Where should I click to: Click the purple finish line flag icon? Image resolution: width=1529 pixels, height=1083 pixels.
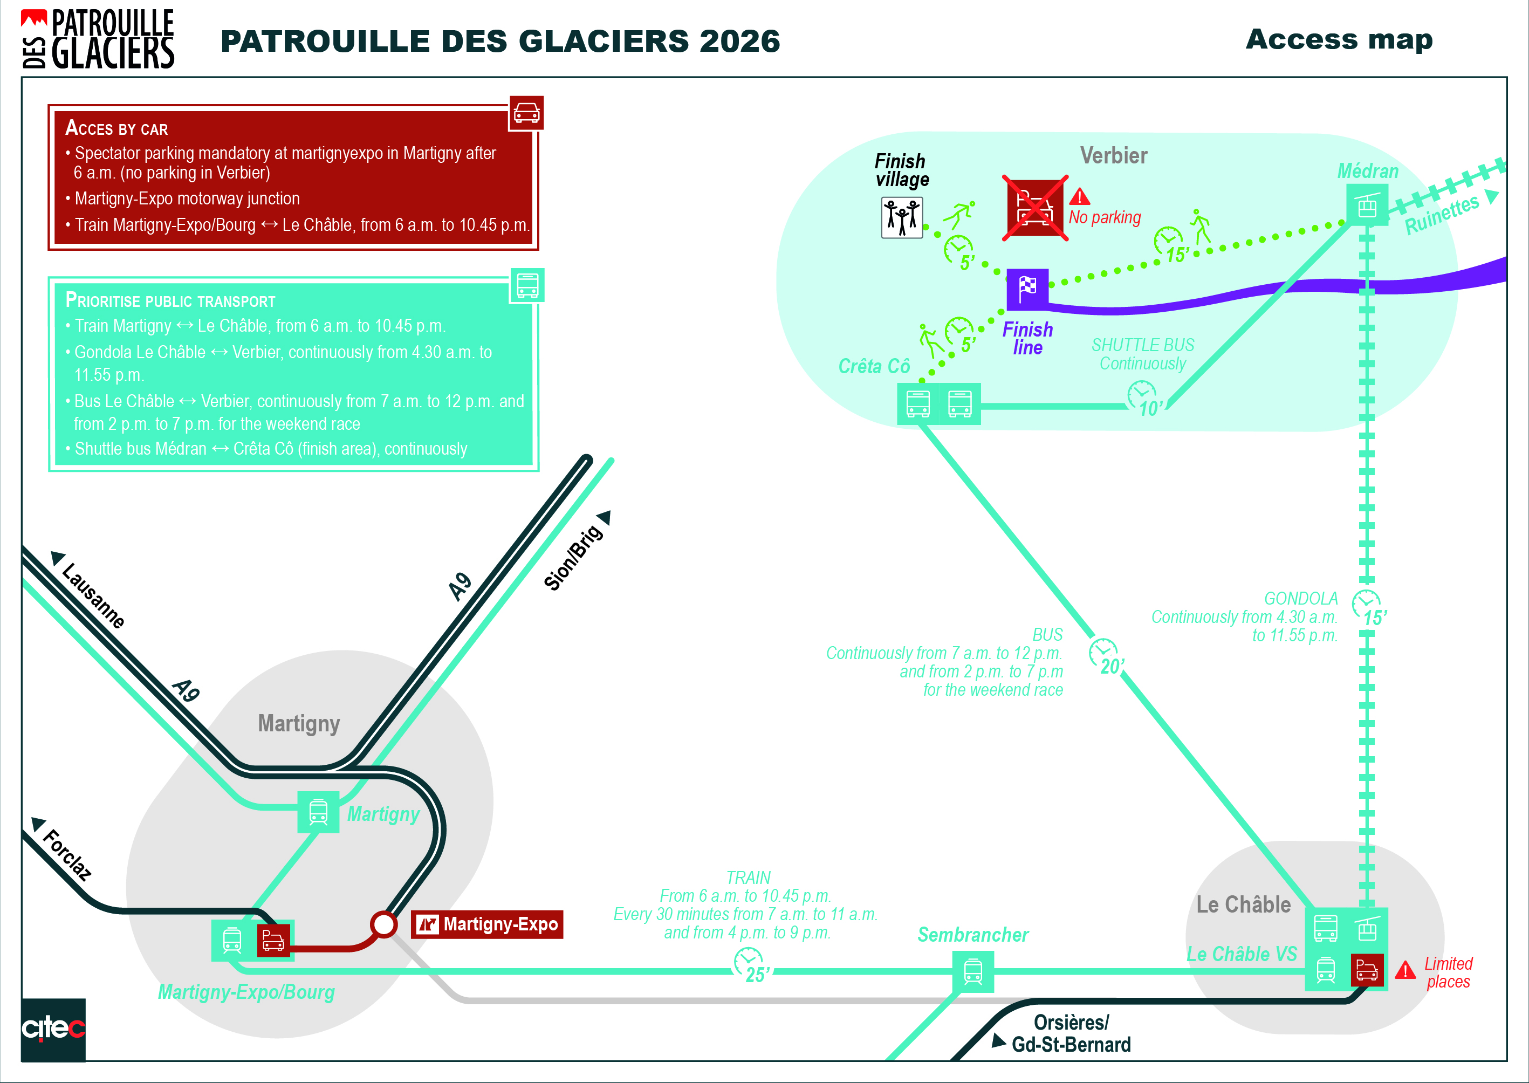1027,289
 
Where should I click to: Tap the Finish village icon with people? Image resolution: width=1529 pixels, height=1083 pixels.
902,217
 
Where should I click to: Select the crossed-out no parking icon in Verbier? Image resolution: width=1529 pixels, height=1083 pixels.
1035,208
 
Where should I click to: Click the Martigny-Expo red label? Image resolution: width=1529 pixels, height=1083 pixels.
487,924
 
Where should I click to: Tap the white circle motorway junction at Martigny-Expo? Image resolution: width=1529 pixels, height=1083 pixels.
383,924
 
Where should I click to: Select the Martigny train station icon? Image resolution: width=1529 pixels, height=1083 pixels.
318,812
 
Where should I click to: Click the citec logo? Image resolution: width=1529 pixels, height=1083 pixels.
53,1029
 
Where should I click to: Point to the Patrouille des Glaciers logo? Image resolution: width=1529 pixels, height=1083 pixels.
98,39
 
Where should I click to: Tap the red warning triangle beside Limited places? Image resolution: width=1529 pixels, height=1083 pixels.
1404,970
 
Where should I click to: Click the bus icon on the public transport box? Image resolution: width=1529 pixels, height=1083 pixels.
527,285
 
